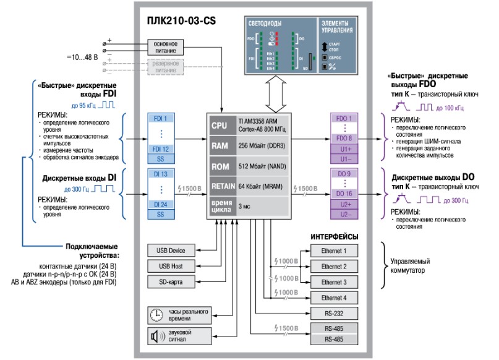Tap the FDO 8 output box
344,139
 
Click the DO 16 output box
344,194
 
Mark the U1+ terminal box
344,149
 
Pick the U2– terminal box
344,214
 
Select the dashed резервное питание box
166,66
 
